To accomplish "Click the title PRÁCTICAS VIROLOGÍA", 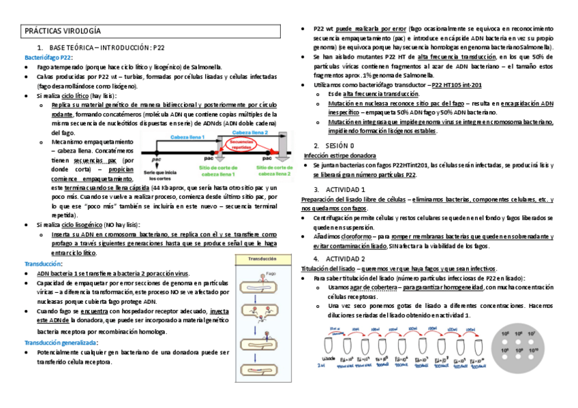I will pos(63,31).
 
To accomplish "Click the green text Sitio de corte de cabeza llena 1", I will pos(220,168).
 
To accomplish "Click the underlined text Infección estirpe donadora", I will pos(339,155).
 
